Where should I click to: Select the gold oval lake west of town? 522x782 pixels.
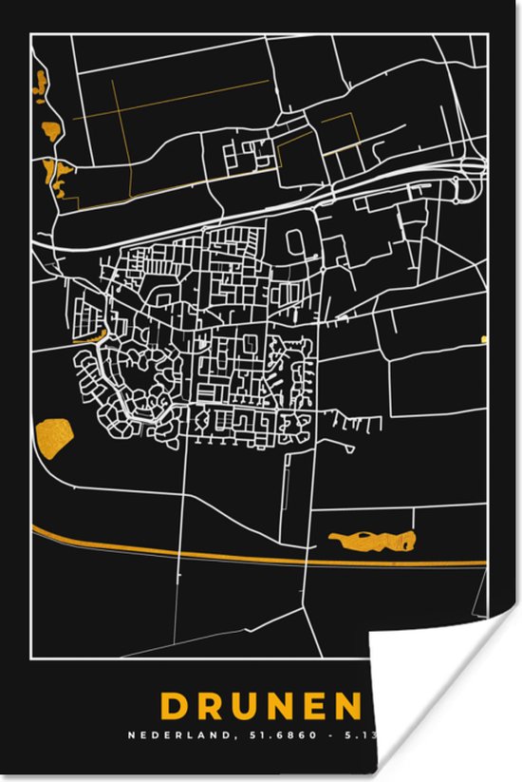[53, 436]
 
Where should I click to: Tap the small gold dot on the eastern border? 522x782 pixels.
[484, 338]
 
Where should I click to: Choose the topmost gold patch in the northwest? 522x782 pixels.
[41, 86]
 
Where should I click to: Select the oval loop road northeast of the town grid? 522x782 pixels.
[294, 241]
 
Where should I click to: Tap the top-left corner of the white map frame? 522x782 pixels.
[31, 34]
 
